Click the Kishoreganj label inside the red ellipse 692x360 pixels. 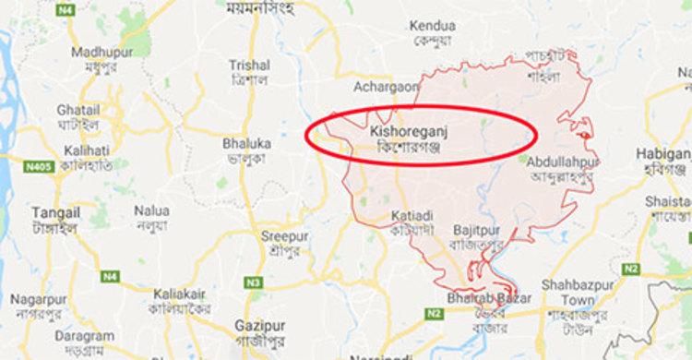[x=414, y=133]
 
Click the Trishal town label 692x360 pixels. [x=250, y=66]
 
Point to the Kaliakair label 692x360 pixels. [x=183, y=294]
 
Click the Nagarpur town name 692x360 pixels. [x=40, y=300]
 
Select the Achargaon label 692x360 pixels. [x=387, y=87]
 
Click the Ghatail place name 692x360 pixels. [x=78, y=109]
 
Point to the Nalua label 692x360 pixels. [x=151, y=210]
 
